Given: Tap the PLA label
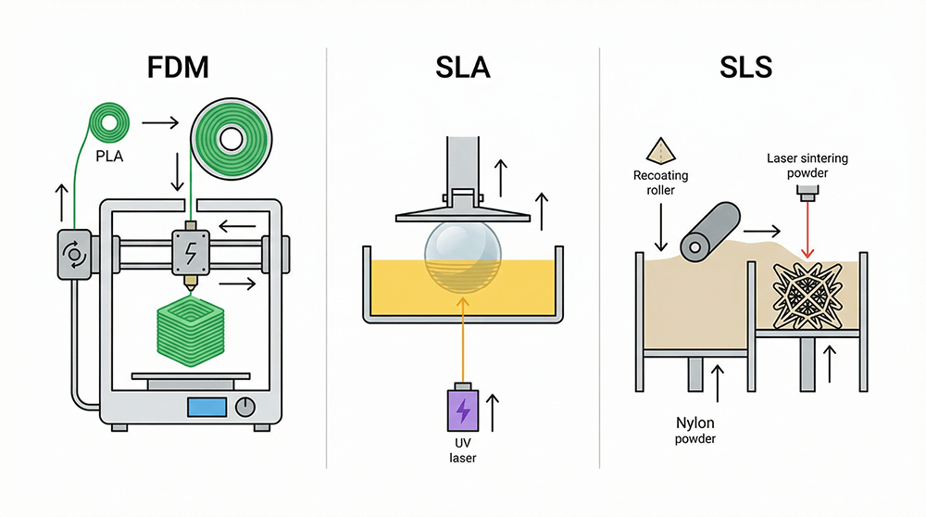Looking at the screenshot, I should [109, 157].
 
